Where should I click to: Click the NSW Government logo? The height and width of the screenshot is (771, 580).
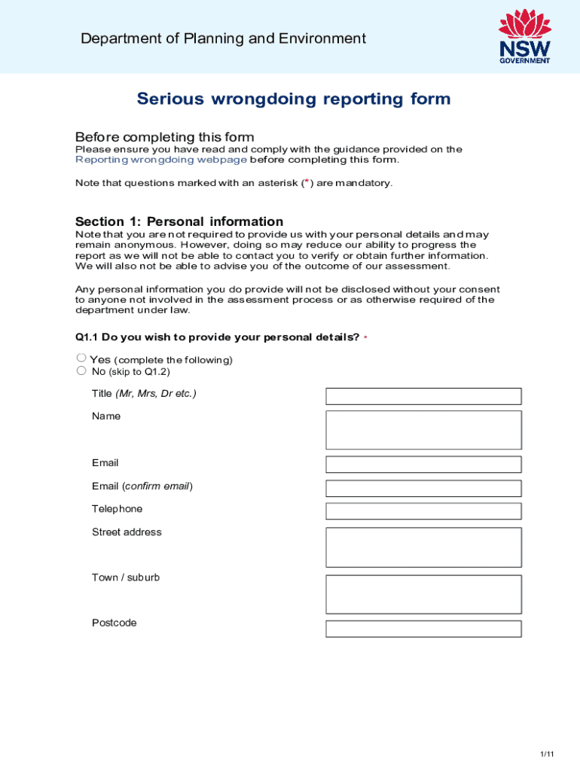coord(524,36)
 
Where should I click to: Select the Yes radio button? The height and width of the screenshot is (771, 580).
coord(81,358)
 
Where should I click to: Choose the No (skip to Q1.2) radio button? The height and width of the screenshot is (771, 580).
coord(81,370)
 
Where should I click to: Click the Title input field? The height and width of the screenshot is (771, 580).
coord(423,396)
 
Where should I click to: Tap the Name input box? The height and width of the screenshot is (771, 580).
coord(423,430)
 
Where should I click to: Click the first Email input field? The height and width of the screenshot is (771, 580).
coord(423,464)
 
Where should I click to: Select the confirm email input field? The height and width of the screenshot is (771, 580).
coord(423,488)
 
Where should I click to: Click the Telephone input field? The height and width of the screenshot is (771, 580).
coord(423,511)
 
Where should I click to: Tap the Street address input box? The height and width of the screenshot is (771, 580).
coord(423,547)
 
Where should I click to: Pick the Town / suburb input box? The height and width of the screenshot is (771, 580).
coord(423,594)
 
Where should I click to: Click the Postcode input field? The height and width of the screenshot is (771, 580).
coord(423,629)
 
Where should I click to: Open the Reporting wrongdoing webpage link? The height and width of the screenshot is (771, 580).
coord(161,160)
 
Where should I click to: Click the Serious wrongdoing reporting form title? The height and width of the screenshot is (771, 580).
coord(294,99)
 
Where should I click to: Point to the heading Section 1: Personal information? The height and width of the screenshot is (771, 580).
coord(179,221)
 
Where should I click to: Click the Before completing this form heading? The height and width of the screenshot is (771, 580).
coord(164,137)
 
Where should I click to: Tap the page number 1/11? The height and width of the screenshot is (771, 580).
coord(547,754)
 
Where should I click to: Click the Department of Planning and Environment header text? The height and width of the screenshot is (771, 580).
coord(223,38)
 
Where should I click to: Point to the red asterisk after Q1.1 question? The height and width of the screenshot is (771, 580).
coord(365,338)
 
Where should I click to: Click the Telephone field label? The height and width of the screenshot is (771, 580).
coord(117,509)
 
